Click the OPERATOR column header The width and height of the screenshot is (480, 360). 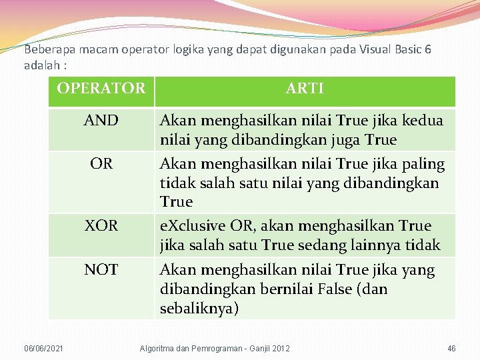(101, 88)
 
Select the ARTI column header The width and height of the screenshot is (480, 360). (305, 88)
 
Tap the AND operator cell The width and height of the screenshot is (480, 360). (101, 121)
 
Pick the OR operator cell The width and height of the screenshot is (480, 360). (101, 163)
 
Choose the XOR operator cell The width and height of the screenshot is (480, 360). (101, 226)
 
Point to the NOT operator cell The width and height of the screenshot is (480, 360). (101, 270)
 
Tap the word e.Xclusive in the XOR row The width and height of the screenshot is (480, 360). (186, 226)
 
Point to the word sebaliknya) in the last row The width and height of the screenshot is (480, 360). (199, 309)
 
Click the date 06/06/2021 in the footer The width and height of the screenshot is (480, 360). (44, 349)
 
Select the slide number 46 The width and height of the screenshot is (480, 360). (451, 349)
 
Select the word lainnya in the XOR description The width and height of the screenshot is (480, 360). (382, 245)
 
